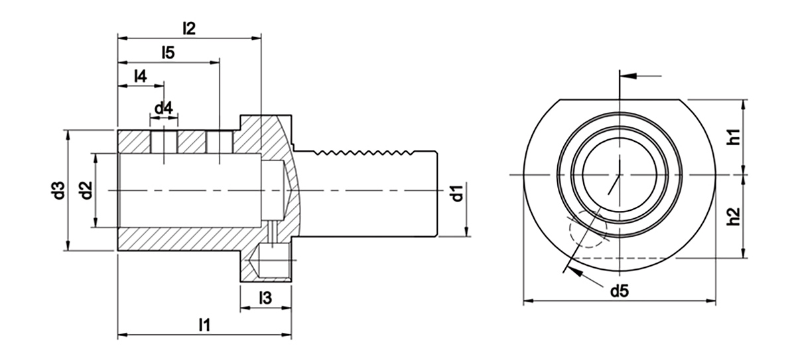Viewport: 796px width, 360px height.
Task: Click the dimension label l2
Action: [189, 29]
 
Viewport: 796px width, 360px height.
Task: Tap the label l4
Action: [140, 76]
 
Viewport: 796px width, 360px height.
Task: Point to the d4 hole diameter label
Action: [164, 107]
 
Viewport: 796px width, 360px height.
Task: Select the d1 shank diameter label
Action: [456, 195]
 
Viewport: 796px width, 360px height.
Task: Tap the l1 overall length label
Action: [204, 325]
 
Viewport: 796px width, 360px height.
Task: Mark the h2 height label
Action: [732, 215]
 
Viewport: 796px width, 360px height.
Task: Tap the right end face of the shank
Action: [438, 192]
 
